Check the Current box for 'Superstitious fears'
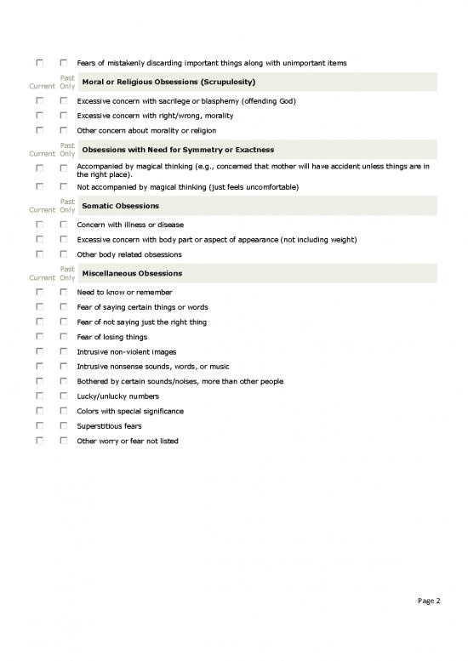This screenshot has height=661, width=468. [x=39, y=426]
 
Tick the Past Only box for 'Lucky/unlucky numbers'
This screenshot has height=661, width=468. [x=63, y=396]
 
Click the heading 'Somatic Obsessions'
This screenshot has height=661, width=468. [x=120, y=206]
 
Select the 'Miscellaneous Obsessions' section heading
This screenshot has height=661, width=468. [x=131, y=274]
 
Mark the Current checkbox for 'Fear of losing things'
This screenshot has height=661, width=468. [x=39, y=337]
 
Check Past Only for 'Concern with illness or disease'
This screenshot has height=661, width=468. [x=63, y=225]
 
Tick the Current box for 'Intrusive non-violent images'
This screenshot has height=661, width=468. [x=39, y=351]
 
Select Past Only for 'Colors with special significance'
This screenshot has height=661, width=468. [x=63, y=412]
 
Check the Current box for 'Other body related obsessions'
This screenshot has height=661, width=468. [x=39, y=254]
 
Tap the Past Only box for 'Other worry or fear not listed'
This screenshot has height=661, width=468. [x=63, y=442]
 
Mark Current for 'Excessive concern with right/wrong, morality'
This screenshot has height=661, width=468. [x=39, y=116]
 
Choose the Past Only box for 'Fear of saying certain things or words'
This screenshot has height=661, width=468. [x=63, y=307]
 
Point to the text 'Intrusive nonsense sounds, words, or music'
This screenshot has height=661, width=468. [x=152, y=367]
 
